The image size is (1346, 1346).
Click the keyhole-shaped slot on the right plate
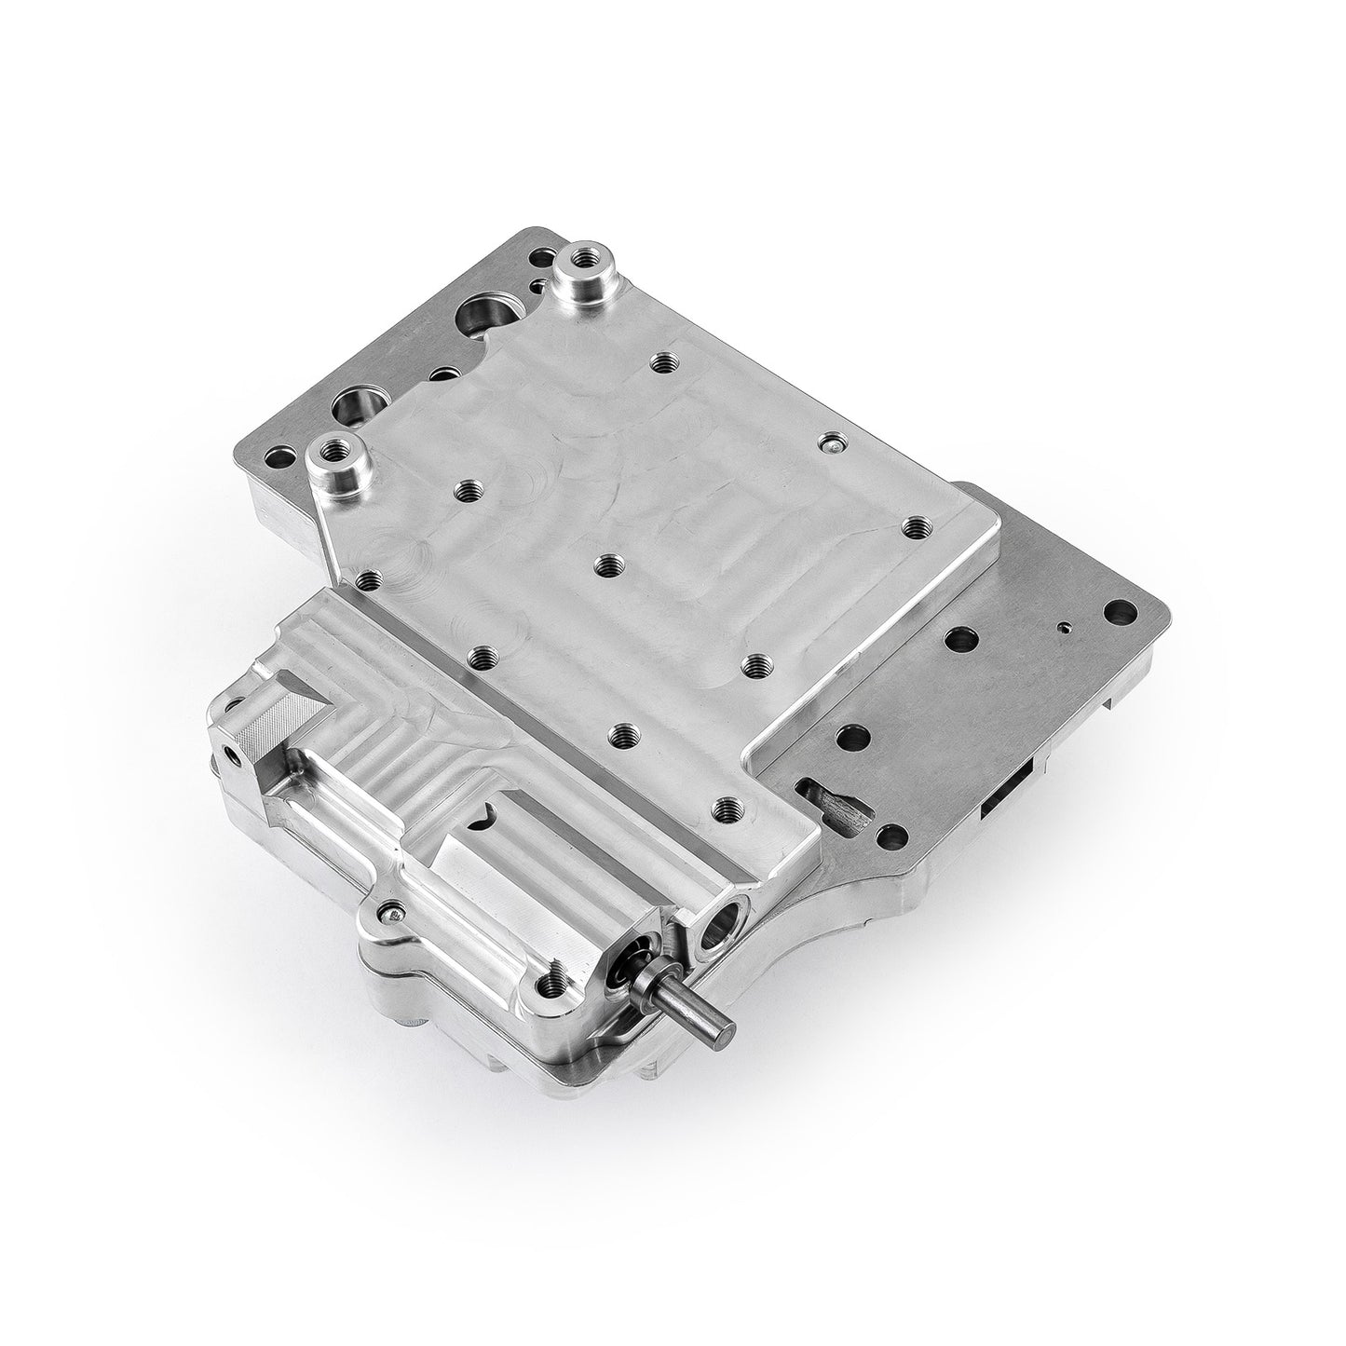[836, 799]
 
